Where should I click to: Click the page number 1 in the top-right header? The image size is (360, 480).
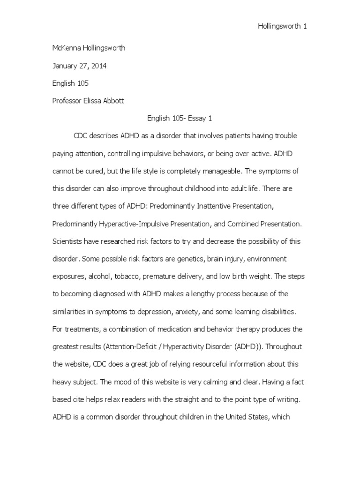[305, 27]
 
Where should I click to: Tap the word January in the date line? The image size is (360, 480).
[66, 66]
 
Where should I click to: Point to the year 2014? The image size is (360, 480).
[98, 66]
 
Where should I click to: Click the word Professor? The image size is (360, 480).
[67, 101]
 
